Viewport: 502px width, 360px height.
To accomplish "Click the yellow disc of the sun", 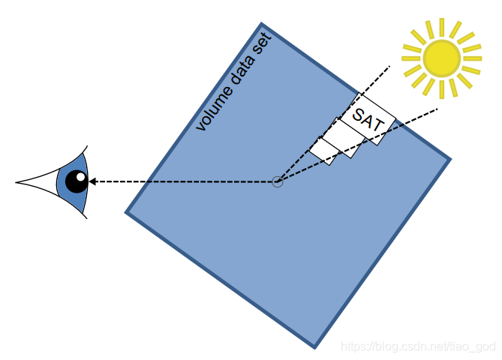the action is pos(441,58).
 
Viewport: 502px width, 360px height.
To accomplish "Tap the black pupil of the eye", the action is pos(76,181).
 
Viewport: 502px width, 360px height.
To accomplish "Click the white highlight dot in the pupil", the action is pos(80,178).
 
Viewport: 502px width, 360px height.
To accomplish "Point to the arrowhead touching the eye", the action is pos(92,181).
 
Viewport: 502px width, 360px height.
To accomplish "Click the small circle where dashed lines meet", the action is pos(278,181).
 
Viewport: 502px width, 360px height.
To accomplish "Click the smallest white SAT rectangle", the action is pos(322,149).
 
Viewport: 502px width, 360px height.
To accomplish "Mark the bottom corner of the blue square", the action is pos(314,346).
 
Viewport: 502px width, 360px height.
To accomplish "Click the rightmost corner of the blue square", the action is pos(449,159).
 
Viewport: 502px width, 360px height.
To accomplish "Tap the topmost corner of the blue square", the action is pos(261,25).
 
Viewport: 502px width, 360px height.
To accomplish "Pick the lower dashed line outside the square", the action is pos(420,116).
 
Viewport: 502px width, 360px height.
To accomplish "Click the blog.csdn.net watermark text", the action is pos(417,346).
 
